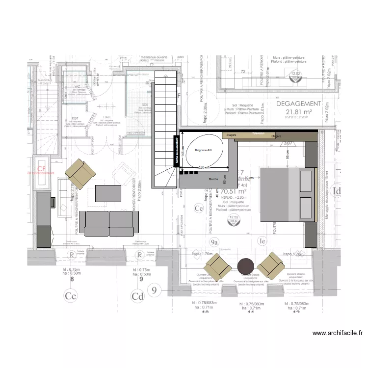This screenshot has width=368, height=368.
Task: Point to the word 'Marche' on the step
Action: click(213, 180)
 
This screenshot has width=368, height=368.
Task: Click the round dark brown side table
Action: click(245, 267)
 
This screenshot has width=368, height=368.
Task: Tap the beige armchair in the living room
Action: click(81, 174)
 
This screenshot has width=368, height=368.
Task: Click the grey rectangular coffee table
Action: click(107, 193)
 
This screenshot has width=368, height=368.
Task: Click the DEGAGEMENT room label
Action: click(298, 104)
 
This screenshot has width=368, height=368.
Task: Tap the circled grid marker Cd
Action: click(137, 296)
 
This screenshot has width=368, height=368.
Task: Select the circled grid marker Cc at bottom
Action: click(71, 296)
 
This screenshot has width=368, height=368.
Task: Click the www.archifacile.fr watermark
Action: click(338, 333)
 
